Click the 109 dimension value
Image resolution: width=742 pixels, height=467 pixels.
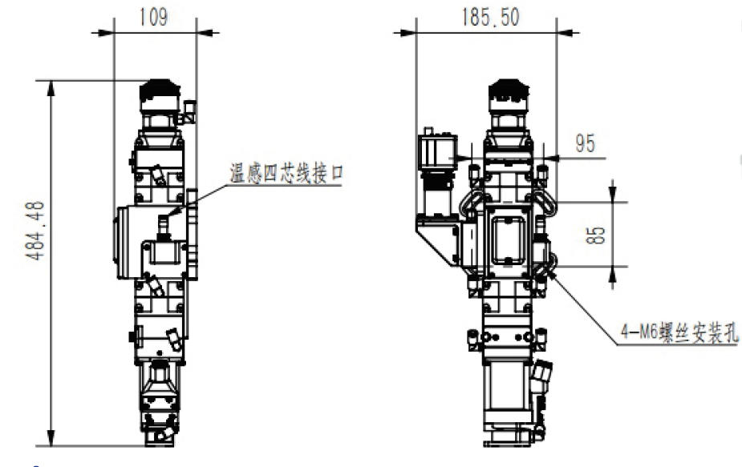click(153, 18)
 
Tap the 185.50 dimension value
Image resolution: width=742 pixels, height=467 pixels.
click(490, 17)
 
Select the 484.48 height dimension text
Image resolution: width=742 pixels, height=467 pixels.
click(35, 231)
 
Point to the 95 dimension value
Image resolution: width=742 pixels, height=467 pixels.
click(585, 143)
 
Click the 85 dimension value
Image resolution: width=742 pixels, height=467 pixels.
click(596, 235)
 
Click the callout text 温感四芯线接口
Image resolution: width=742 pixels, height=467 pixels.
click(286, 174)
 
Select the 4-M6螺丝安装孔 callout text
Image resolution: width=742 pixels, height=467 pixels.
click(679, 332)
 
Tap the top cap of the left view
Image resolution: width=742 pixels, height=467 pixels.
click(160, 90)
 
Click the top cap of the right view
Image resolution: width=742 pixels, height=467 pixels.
click(509, 90)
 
